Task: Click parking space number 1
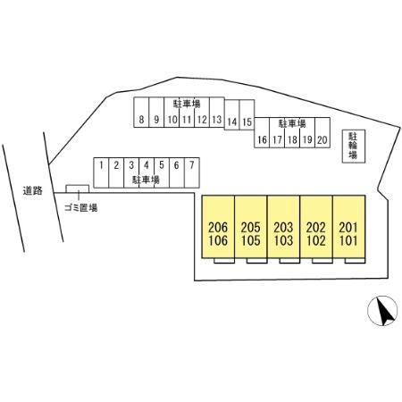tap(101, 172)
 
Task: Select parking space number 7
tap(192, 172)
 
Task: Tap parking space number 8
tap(141, 113)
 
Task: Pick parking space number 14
tap(232, 115)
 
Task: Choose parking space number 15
tap(247, 115)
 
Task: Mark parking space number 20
tap(322, 132)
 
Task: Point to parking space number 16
tap(262, 132)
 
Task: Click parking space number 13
tap(217, 113)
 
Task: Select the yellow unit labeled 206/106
tap(218, 227)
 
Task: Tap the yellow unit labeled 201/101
tap(348, 227)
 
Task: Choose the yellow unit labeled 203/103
tap(283, 227)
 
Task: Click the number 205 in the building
tap(251, 228)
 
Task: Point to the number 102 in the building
tap(316, 240)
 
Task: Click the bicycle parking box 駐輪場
tap(354, 146)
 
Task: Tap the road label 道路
tap(33, 190)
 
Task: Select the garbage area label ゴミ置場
tap(80, 207)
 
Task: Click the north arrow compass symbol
tap(382, 311)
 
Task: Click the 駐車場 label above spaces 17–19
tap(292, 123)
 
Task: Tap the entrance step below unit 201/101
tap(355, 261)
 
